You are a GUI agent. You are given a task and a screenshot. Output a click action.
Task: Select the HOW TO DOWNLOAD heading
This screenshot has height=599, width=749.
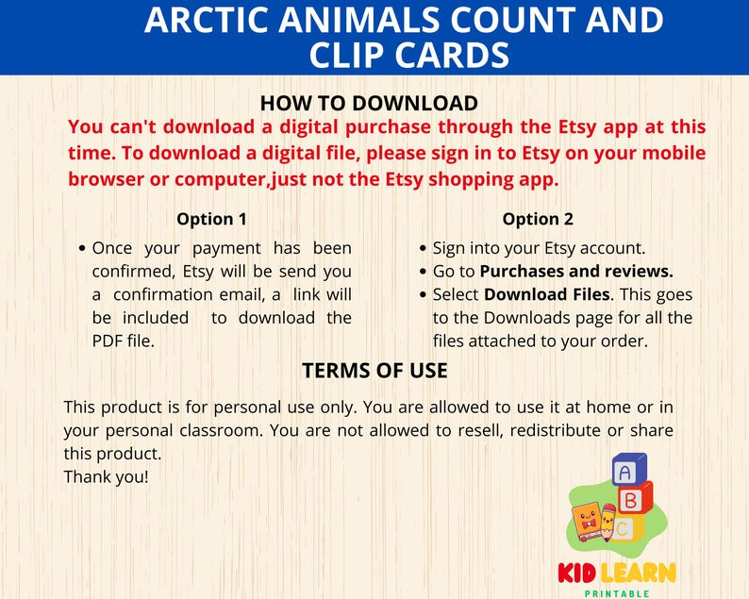click(x=369, y=103)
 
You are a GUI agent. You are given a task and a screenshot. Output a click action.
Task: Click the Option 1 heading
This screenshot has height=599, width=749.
click(x=211, y=219)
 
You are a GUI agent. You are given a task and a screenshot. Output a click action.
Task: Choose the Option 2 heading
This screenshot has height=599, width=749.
click(x=538, y=219)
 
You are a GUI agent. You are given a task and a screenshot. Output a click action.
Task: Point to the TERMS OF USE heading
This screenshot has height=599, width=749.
click(x=374, y=371)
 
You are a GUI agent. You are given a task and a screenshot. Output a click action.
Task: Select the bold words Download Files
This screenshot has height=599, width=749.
click(x=547, y=294)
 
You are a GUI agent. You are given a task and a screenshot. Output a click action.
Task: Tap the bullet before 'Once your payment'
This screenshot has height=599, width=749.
click(x=84, y=249)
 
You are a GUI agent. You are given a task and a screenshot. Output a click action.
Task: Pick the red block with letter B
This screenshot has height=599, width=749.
click(x=632, y=499)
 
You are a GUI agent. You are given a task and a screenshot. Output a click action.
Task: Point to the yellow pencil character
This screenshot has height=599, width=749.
click(x=608, y=523)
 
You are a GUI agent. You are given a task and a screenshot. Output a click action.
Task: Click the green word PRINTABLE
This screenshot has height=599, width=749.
click(x=617, y=592)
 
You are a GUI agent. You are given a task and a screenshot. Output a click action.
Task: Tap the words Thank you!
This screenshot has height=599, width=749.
click(x=106, y=476)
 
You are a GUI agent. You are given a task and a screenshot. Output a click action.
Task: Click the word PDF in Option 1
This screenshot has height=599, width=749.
click(x=109, y=341)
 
